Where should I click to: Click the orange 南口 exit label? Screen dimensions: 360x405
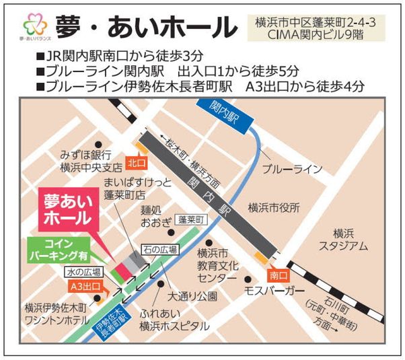pos(276,275)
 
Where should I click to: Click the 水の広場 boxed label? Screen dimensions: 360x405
pos(83,272)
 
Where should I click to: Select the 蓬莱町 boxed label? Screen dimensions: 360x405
pos(191,219)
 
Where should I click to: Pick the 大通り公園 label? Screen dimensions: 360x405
pos(191,295)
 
